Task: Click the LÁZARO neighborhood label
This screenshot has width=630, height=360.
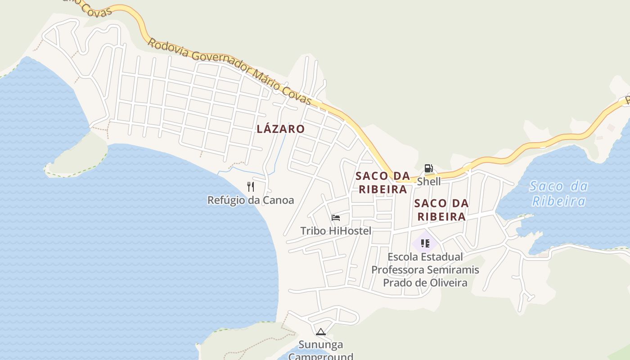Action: (281, 129)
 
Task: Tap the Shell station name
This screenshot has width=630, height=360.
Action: (429, 181)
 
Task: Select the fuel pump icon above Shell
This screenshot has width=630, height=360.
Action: (429, 169)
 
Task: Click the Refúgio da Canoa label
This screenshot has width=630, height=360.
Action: (251, 200)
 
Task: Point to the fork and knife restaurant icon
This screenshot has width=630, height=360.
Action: (251, 186)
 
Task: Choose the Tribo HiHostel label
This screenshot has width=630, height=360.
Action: (336, 231)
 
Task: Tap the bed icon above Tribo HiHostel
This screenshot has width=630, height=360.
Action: (336, 218)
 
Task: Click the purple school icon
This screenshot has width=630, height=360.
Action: (425, 243)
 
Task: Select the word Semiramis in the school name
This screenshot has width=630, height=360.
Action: (452, 270)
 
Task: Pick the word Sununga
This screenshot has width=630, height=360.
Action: (321, 345)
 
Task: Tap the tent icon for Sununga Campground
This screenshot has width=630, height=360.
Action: (321, 332)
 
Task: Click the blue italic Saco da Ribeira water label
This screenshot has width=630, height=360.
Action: (558, 193)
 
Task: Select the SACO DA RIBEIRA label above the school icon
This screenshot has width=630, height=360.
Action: (441, 210)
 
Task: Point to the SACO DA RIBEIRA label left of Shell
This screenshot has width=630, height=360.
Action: (382, 182)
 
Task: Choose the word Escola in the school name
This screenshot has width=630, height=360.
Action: (403, 257)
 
